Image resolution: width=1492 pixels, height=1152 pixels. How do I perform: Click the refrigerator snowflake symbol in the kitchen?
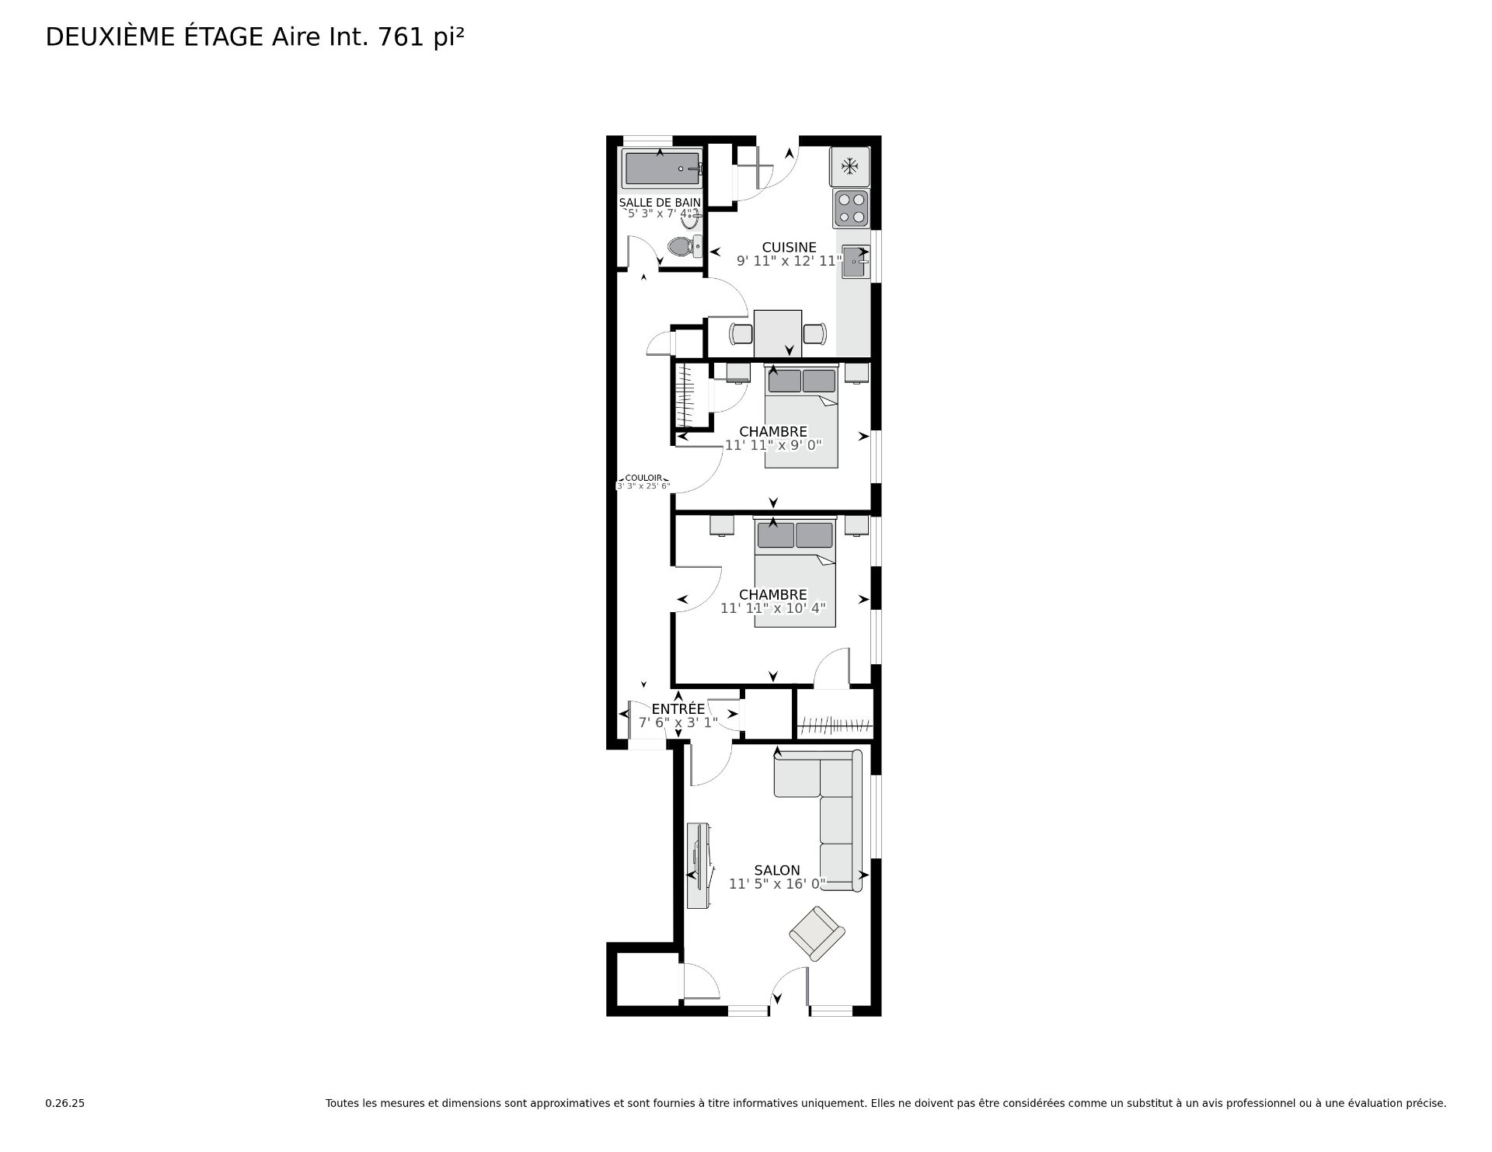click(850, 166)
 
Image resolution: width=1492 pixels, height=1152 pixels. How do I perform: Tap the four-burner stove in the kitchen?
click(851, 208)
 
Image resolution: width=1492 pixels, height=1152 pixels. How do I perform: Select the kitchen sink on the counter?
click(856, 263)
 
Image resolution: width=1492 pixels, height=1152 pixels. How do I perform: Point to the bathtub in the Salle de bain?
click(663, 169)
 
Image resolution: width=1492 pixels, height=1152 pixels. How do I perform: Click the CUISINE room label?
click(789, 248)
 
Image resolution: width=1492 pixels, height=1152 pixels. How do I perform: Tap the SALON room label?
click(777, 871)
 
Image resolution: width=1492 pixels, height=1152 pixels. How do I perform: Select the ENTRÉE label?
click(678, 709)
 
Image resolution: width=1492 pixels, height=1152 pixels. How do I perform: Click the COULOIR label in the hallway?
click(643, 479)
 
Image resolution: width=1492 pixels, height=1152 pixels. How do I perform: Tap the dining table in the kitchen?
click(778, 334)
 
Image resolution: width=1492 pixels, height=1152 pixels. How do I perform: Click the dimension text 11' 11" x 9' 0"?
click(773, 445)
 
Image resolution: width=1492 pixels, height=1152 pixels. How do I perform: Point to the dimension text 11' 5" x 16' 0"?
click(777, 884)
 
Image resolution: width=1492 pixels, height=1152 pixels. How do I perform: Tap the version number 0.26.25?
click(64, 1104)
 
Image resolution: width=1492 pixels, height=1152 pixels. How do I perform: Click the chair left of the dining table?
click(741, 334)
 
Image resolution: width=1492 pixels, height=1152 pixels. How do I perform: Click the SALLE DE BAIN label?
click(660, 203)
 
